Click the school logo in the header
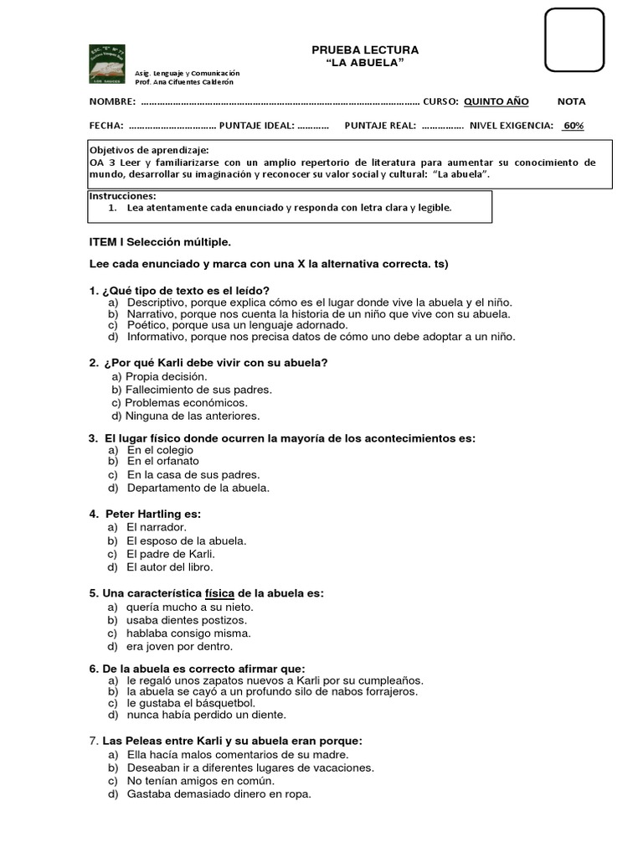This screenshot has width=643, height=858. click(107, 64)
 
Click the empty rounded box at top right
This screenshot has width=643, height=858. click(574, 39)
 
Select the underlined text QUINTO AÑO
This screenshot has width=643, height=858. click(496, 101)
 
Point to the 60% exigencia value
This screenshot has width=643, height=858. click(573, 126)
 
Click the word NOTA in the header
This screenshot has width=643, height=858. click(572, 101)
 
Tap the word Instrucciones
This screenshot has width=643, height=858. click(122, 195)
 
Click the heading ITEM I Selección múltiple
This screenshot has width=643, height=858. click(159, 242)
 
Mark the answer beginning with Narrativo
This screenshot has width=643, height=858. click(318, 314)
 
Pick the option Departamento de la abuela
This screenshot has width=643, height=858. click(198, 487)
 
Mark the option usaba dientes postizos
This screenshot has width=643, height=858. click(187, 620)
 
